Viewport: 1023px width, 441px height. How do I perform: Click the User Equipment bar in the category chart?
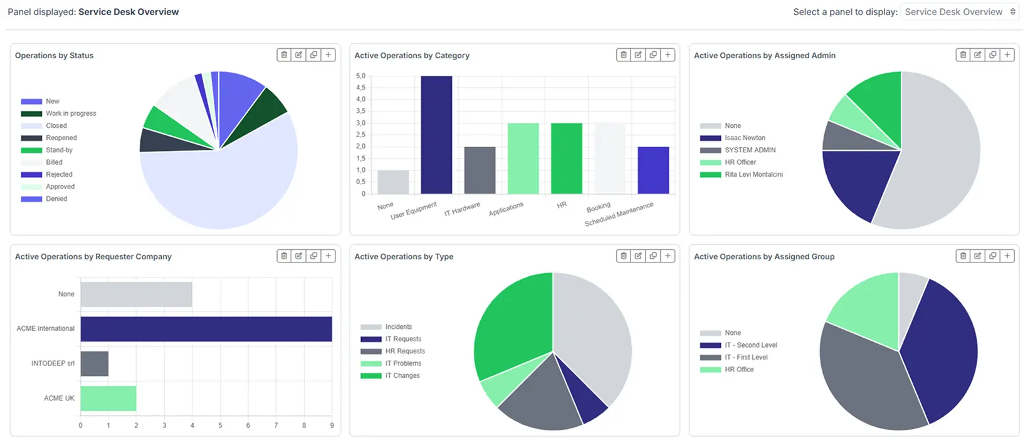pyautogui.click(x=436, y=135)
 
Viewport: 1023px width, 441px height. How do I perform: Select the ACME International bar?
pyautogui.click(x=206, y=329)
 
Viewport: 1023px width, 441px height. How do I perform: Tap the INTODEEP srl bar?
pyautogui.click(x=95, y=363)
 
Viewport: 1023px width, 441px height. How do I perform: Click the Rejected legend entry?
pyautogui.click(x=59, y=174)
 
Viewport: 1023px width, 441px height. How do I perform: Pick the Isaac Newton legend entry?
pyautogui.click(x=745, y=138)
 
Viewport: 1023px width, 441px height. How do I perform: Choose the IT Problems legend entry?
pyautogui.click(x=403, y=363)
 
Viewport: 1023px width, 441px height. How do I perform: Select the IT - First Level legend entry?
pyautogui.click(x=746, y=357)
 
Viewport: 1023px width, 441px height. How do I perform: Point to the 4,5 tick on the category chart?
pyautogui.click(x=360, y=88)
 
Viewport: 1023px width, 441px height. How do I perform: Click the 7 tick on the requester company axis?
pyautogui.click(x=276, y=425)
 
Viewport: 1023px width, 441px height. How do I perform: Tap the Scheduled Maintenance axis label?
pyautogui.click(x=619, y=214)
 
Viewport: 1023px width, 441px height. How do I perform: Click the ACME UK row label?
pyautogui.click(x=59, y=398)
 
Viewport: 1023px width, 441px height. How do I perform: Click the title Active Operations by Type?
pyautogui.click(x=404, y=257)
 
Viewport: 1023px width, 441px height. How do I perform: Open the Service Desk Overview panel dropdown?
pyautogui.click(x=959, y=12)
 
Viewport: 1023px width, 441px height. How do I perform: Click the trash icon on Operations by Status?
pyautogui.click(x=284, y=55)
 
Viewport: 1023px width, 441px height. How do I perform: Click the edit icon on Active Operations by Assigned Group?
pyautogui.click(x=978, y=256)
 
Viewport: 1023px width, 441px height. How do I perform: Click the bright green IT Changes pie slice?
pyautogui.click(x=511, y=326)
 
